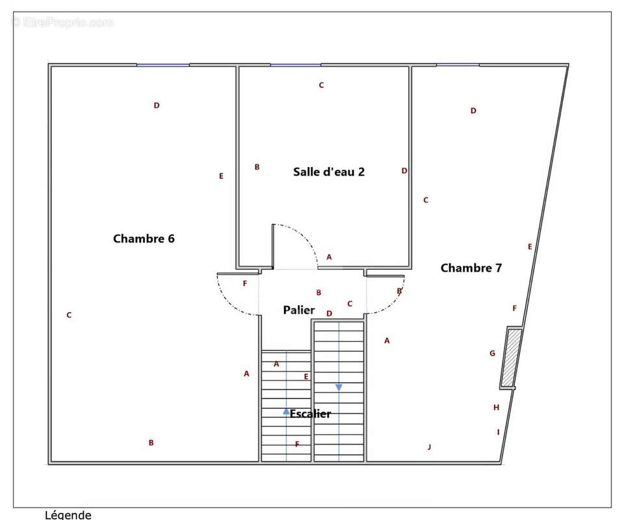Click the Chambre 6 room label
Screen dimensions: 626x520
(144, 239)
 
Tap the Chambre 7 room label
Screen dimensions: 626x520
(471, 268)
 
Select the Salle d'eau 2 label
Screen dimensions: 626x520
(328, 172)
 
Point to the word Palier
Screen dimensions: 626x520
(298, 310)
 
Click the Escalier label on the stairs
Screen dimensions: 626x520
(310, 414)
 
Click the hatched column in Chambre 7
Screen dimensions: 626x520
(512, 357)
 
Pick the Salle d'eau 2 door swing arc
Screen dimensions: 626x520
(304, 235)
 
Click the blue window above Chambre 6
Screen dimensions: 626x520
(163, 64)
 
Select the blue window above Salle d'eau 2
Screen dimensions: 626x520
(295, 64)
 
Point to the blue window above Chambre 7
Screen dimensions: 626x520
(458, 64)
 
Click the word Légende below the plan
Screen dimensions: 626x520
(68, 515)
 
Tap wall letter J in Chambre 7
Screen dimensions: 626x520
(429, 447)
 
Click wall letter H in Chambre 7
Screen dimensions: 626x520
(496, 408)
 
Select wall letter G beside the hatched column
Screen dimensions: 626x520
(492, 353)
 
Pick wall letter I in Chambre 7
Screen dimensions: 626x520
(498, 432)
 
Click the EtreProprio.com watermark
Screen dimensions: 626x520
(62, 22)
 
